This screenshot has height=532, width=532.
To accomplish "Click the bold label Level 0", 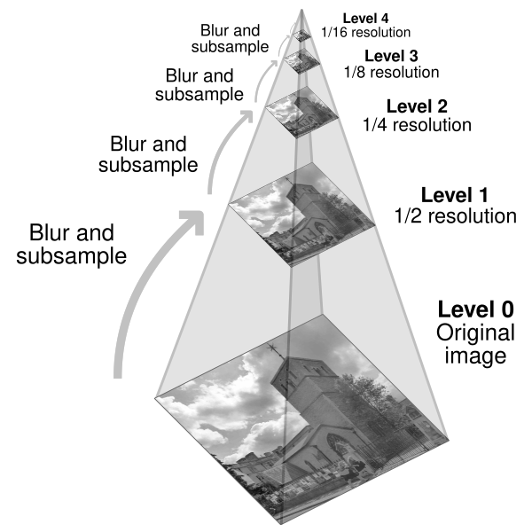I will click(x=475, y=310).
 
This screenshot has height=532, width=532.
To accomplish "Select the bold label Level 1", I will click(x=454, y=194).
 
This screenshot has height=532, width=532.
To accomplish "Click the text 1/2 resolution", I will click(x=455, y=215).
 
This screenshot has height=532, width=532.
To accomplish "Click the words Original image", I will click(x=474, y=346).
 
